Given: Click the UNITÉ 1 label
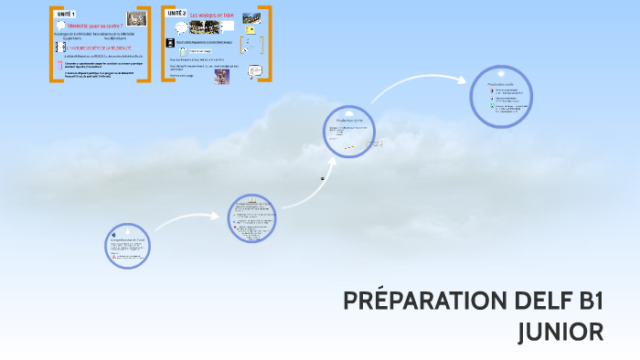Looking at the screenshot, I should point(66,16).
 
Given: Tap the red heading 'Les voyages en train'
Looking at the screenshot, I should point(213,15).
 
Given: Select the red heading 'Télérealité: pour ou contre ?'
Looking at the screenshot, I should point(95,26).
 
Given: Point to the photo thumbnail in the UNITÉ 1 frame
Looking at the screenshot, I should point(135,17).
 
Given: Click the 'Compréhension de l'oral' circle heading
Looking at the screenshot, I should point(127,240).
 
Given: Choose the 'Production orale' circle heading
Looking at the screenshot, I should point(501,83).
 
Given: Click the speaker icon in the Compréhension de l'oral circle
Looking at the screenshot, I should point(113,234).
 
